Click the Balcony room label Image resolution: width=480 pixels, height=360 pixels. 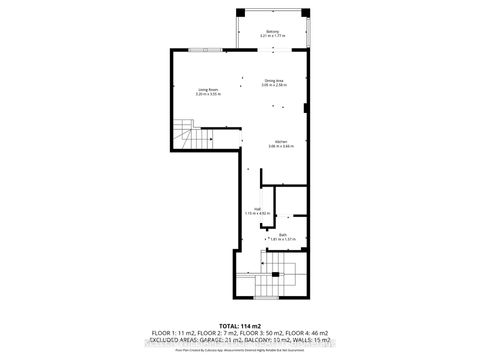click(272, 32)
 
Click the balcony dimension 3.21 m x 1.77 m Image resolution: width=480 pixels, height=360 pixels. click(272, 37)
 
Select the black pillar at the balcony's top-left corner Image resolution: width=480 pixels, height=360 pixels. click(238, 11)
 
